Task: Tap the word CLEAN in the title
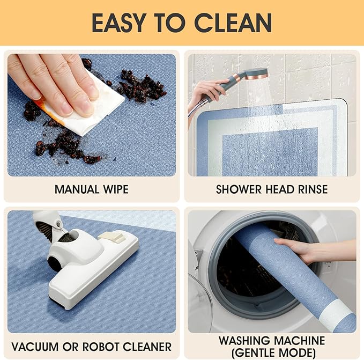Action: pyautogui.click(x=233, y=23)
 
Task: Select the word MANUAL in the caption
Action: pyautogui.click(x=77, y=189)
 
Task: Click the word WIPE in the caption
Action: pyautogui.click(x=116, y=189)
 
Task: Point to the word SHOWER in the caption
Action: pyautogui.click(x=239, y=189)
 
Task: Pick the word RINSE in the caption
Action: pyautogui.click(x=313, y=189)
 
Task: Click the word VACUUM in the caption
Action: pyautogui.click(x=35, y=347)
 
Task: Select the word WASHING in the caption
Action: pyautogui.click(x=244, y=341)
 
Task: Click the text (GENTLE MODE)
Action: pyautogui.click(x=273, y=353)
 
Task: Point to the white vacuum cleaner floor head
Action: pyautogui.click(x=91, y=267)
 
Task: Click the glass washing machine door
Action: pyautogui.click(x=199, y=302)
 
